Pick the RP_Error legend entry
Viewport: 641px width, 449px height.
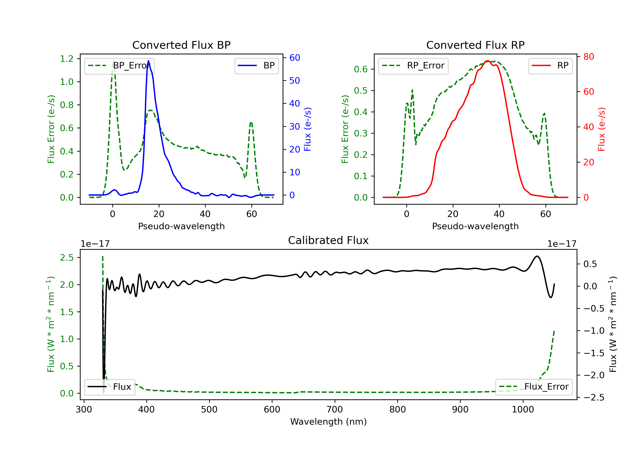[413, 66]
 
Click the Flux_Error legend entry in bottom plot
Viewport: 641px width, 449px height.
[534, 387]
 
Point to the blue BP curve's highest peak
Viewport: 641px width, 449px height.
[148, 61]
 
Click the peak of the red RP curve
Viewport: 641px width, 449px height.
[487, 61]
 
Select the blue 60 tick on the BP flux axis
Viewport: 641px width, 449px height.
[294, 58]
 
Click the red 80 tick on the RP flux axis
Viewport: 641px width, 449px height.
[588, 57]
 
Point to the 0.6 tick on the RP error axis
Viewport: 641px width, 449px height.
[361, 69]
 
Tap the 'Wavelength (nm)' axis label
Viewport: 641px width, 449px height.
[328, 422]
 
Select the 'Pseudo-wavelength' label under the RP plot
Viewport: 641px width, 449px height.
[475, 226]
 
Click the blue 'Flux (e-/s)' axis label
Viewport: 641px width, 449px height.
[307, 129]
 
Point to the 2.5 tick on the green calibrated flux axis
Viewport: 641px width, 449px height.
[67, 258]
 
